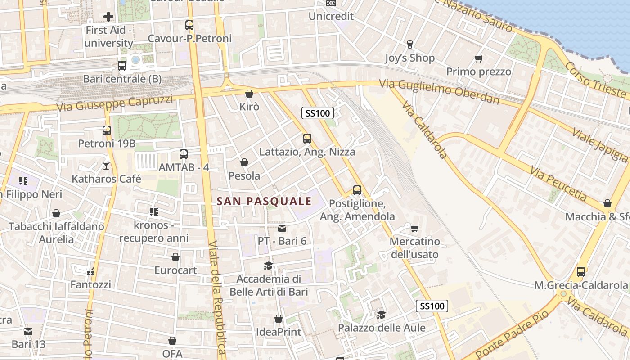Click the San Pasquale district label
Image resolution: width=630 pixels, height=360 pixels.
point(264,201)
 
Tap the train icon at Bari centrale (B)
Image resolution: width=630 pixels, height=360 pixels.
point(122,66)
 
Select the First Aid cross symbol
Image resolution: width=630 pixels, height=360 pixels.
point(108,17)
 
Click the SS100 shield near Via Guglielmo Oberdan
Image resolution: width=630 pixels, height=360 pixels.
point(318,113)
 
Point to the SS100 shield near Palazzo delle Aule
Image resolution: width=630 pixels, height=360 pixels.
point(432,306)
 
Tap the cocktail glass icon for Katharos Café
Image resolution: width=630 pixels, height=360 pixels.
point(106,166)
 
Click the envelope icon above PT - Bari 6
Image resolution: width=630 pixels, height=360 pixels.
point(282,228)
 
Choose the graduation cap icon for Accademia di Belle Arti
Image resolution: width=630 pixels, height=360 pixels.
point(269,265)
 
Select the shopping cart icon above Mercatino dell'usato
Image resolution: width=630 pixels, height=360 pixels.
point(414,228)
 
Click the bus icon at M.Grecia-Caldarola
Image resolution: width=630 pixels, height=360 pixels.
point(581,272)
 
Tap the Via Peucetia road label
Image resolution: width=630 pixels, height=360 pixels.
point(558,184)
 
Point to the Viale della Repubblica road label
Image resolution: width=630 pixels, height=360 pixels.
point(216,297)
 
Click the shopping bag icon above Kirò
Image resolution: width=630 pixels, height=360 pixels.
point(249,94)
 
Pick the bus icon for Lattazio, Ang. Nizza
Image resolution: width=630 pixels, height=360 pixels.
point(307,139)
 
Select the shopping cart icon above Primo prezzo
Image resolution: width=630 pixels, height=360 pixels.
point(479,58)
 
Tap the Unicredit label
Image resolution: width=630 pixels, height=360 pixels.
point(331,17)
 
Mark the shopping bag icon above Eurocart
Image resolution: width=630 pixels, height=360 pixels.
point(175,257)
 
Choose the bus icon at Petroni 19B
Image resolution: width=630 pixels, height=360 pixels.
point(107,130)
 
